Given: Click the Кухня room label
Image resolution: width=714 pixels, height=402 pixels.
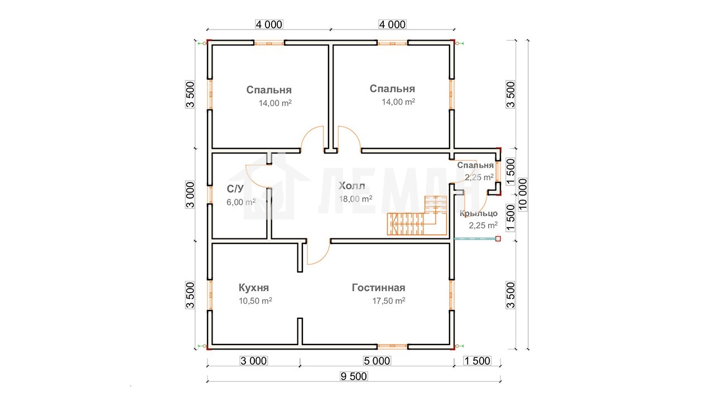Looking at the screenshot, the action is (254, 288).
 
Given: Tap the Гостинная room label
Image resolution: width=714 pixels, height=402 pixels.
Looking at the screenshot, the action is (378, 288).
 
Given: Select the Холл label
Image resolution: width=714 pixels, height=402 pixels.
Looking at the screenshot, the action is (351, 186).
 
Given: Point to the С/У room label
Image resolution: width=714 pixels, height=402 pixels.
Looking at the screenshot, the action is (235, 189).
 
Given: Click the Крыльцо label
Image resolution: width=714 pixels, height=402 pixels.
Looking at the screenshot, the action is (478, 213).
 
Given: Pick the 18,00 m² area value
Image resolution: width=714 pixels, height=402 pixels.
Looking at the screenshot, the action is (355, 199).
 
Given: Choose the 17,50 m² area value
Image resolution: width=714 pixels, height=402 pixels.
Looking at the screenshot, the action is (389, 301).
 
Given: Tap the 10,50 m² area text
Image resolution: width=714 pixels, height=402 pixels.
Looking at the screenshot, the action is (255, 301).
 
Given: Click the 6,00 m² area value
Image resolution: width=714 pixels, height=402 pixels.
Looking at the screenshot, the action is (241, 202).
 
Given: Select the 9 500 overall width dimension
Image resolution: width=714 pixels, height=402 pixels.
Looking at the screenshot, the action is (354, 376).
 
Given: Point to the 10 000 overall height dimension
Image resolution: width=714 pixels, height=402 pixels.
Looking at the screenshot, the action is (523, 195).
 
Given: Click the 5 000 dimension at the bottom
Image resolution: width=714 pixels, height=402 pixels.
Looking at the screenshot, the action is (377, 361).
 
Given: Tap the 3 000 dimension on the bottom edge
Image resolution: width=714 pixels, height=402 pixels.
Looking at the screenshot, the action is (253, 361).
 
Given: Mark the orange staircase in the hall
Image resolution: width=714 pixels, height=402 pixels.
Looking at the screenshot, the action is (417, 216).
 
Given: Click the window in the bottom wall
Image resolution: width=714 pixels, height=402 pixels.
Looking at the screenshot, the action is (392, 346).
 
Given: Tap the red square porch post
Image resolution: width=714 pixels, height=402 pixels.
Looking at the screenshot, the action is (498, 238).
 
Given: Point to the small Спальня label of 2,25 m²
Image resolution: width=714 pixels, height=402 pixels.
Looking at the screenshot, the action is (475, 165).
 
